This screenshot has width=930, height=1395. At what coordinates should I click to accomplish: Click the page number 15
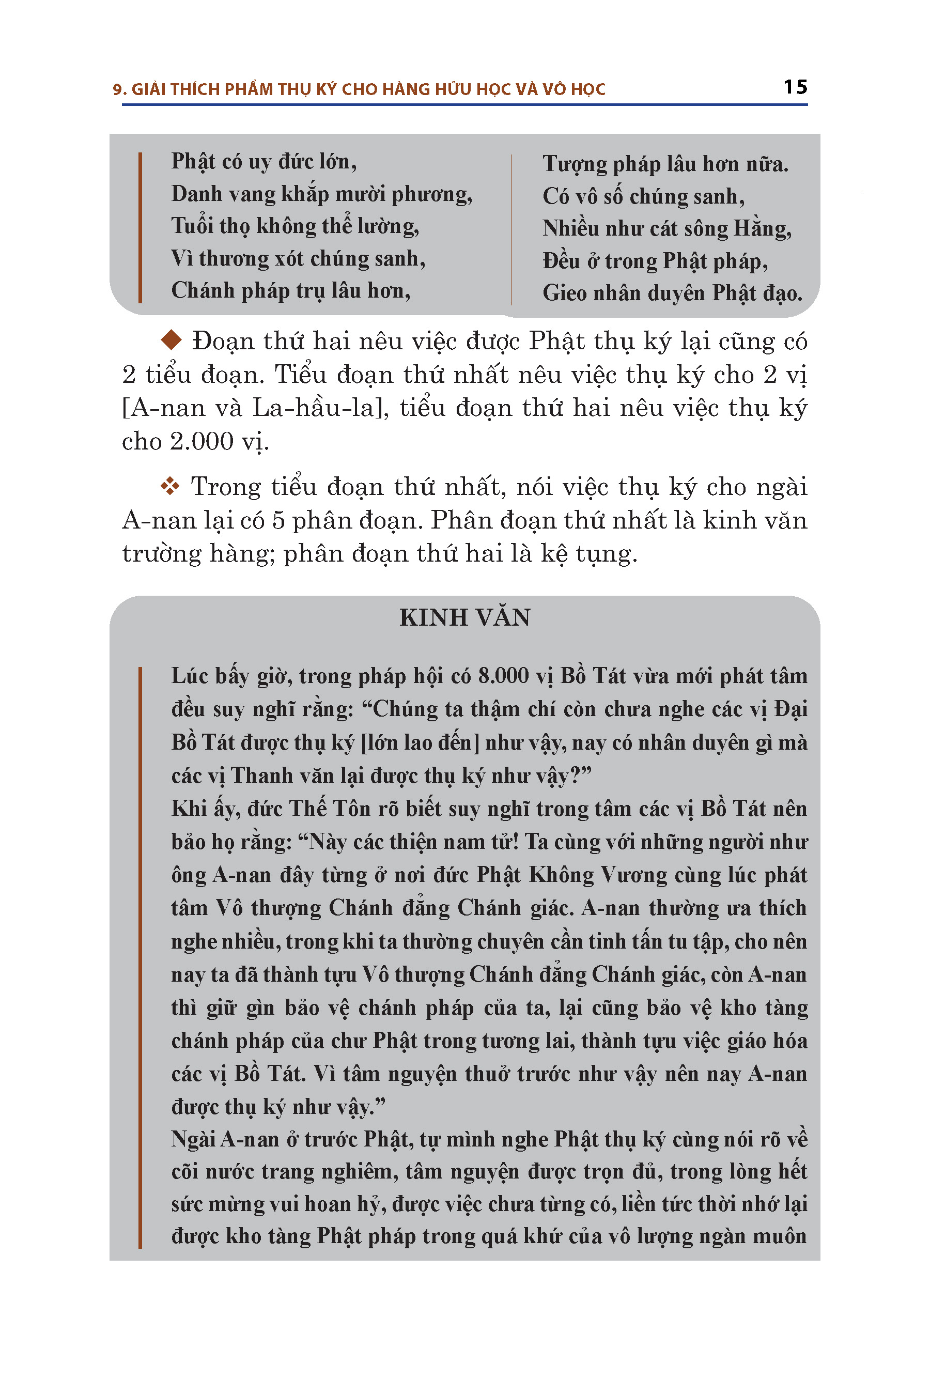tap(795, 87)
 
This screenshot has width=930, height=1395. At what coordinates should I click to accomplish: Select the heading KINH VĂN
tap(464, 617)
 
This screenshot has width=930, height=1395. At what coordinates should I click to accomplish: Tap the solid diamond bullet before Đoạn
tap(171, 340)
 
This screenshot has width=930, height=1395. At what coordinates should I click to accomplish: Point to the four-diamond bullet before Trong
tap(170, 486)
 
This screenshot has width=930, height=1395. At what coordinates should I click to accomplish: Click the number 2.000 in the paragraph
tap(201, 441)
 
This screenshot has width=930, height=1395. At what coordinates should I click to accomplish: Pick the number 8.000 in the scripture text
tap(503, 676)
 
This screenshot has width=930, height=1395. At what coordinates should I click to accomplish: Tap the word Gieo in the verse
tap(563, 293)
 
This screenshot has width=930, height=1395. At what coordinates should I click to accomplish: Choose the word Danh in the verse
tap(194, 194)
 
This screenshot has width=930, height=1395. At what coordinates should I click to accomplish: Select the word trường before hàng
tap(161, 554)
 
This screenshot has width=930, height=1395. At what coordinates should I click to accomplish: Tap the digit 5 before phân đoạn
tap(278, 521)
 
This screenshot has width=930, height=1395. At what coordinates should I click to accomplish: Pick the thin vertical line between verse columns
tap(512, 229)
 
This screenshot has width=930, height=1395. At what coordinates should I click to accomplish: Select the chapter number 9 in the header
tap(117, 89)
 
